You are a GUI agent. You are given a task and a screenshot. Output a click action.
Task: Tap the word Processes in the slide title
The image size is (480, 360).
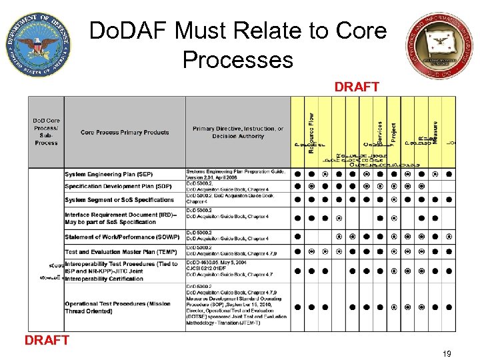pyautogui.click(x=237, y=60)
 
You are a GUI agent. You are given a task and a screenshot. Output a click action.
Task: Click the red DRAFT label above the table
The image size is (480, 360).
pyautogui.click(x=357, y=87)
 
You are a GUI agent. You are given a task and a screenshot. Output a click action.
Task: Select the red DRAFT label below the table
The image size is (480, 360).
pyautogui.click(x=47, y=340)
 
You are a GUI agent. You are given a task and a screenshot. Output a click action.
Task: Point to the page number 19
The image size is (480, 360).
pyautogui.click(x=446, y=354)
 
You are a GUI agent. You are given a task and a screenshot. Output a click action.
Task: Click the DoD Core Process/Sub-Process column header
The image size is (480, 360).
pyautogui.click(x=46, y=132)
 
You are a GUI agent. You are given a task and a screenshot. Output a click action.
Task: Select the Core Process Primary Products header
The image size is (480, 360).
pyautogui.click(x=125, y=132)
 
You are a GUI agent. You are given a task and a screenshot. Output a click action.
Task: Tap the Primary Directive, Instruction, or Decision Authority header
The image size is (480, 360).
pyautogui.click(x=237, y=132)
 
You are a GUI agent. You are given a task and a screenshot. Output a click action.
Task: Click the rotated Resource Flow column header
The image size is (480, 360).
pyautogui.click(x=311, y=132)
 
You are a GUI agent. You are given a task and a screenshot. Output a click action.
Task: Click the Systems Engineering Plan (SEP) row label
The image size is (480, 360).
pyautogui.click(x=108, y=175)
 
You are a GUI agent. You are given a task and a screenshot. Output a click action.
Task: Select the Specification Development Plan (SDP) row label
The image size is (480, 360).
pyautogui.click(x=118, y=186)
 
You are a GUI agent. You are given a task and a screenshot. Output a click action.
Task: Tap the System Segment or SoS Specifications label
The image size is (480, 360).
pyautogui.click(x=119, y=199)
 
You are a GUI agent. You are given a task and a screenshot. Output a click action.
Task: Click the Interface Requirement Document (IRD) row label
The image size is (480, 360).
pyautogui.click(x=121, y=218)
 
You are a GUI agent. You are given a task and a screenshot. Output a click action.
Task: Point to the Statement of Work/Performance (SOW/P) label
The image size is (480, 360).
pyautogui.click(x=122, y=237)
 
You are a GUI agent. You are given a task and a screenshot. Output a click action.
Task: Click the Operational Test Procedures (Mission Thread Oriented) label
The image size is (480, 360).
pyautogui.click(x=118, y=307)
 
